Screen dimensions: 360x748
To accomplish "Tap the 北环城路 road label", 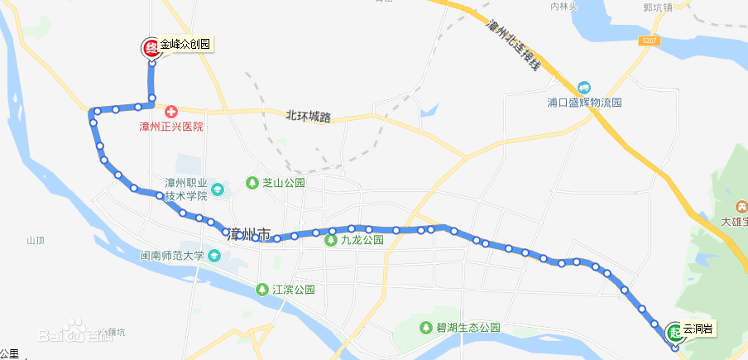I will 309,117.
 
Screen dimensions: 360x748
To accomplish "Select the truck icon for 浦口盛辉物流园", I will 584,87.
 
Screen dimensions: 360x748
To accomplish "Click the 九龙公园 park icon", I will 330,241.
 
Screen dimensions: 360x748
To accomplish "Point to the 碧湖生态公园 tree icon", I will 427,327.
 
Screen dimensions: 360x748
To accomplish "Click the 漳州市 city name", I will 247,234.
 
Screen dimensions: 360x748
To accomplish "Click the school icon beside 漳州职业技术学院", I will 217,190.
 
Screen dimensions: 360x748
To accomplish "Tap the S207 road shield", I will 649,40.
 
